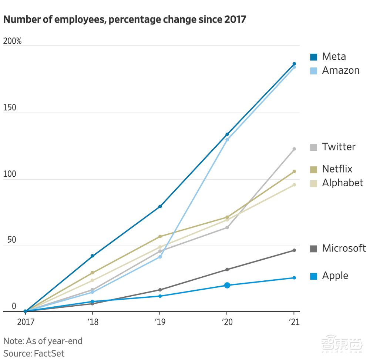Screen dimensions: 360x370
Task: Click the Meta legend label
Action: (x=334, y=56)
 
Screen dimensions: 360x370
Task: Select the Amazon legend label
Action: (x=341, y=70)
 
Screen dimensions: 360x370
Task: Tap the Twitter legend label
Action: (x=339, y=147)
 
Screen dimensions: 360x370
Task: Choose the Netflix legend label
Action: (x=337, y=169)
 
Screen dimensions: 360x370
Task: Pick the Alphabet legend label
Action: (x=343, y=183)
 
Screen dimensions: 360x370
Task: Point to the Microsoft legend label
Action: (x=344, y=248)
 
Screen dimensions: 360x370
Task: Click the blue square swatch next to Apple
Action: (x=314, y=276)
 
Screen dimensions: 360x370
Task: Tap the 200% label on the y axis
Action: (x=12, y=41)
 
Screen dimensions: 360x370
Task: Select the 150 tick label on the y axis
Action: (x=10, y=108)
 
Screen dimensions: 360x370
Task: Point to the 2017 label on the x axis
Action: (x=26, y=322)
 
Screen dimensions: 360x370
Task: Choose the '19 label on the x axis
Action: (x=159, y=322)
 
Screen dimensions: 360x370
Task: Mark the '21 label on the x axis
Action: (x=294, y=322)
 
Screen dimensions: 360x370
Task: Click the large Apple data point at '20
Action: (x=227, y=285)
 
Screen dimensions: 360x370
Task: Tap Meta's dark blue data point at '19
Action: (x=160, y=206)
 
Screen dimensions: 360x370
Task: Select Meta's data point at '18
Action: (x=92, y=256)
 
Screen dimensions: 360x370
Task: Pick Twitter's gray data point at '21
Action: (x=294, y=149)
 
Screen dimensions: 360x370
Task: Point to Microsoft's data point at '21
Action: (x=294, y=250)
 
